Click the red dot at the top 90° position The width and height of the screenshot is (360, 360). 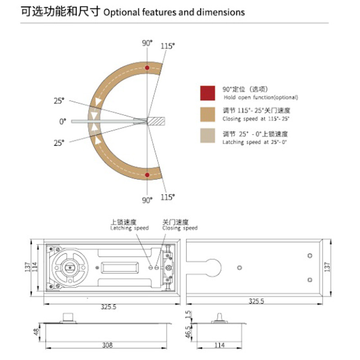(147, 67)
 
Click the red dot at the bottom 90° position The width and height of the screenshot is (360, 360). (147, 175)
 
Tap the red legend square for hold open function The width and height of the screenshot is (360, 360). (207, 93)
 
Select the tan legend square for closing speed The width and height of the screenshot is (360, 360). (207, 114)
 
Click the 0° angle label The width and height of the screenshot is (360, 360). (63, 121)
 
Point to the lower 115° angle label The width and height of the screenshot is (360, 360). (168, 197)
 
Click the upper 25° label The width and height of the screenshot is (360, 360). (59, 101)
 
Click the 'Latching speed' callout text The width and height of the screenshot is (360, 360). (130, 228)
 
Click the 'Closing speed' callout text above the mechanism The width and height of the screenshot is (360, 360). (180, 228)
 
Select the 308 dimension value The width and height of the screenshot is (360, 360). (107, 346)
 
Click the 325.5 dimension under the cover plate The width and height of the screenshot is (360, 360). (257, 307)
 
